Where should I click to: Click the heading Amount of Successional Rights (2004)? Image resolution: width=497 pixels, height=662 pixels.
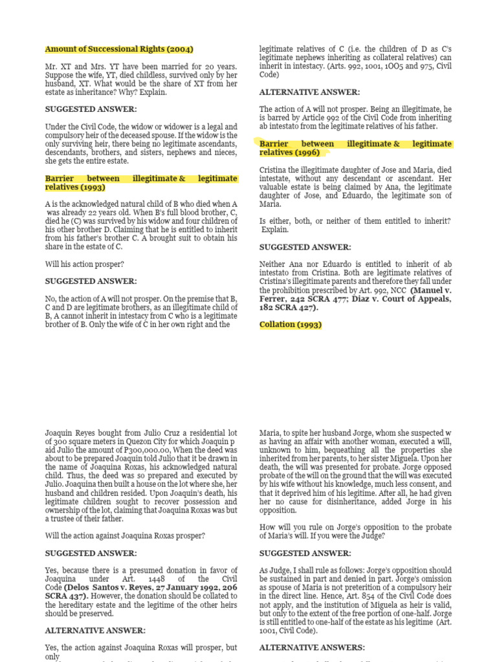119,49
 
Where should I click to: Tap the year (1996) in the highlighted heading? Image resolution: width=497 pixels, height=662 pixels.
312,153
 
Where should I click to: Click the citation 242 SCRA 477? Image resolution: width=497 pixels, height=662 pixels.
307,299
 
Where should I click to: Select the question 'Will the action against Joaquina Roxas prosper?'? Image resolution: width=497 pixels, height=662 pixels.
126,535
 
